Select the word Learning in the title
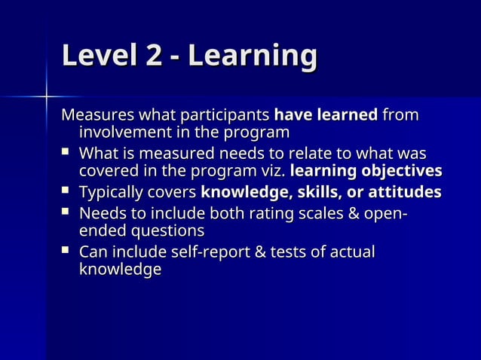[x=253, y=57]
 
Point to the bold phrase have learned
[x=326, y=116]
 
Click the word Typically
[x=111, y=192]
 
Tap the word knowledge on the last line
[x=120, y=269]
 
